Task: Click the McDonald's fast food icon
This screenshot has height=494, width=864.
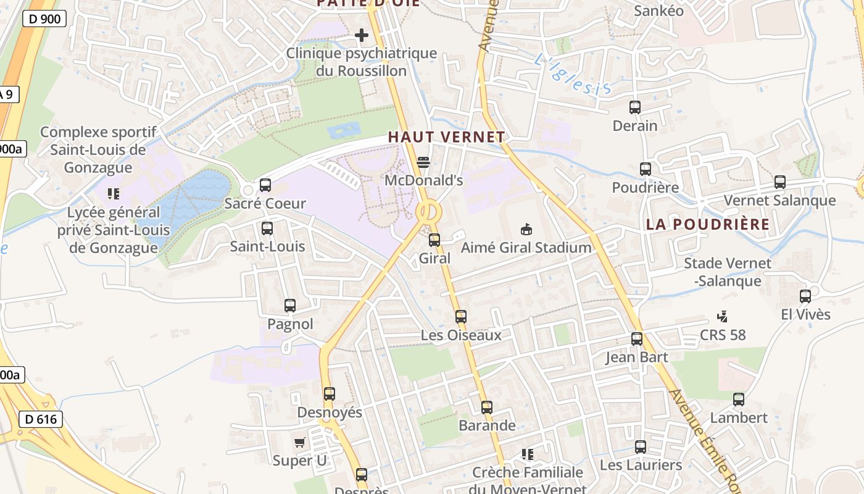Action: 423,162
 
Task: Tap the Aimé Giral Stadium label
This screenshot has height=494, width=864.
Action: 526,248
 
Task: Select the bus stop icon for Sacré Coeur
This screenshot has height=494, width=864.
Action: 265,185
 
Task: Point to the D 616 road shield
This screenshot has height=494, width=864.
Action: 41,419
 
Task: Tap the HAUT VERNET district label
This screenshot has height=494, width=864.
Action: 446,137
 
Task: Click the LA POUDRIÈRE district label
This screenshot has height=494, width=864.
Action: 708,224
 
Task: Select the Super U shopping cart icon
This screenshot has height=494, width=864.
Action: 300,442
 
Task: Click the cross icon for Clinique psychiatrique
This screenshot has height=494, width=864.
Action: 362,36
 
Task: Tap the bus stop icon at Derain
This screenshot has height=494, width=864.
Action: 635,107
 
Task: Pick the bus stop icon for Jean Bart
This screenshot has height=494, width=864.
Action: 637,339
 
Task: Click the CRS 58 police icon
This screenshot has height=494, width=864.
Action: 722,317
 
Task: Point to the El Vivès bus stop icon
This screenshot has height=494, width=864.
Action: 805,296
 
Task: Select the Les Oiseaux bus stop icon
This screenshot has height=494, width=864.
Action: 461,317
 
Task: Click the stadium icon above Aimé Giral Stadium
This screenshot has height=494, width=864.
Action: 526,229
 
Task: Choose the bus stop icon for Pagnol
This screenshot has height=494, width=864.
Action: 290,306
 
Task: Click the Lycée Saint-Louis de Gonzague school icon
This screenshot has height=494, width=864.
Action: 113,194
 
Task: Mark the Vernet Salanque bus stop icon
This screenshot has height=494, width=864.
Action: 780,182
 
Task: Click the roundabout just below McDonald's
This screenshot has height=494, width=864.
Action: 428,212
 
